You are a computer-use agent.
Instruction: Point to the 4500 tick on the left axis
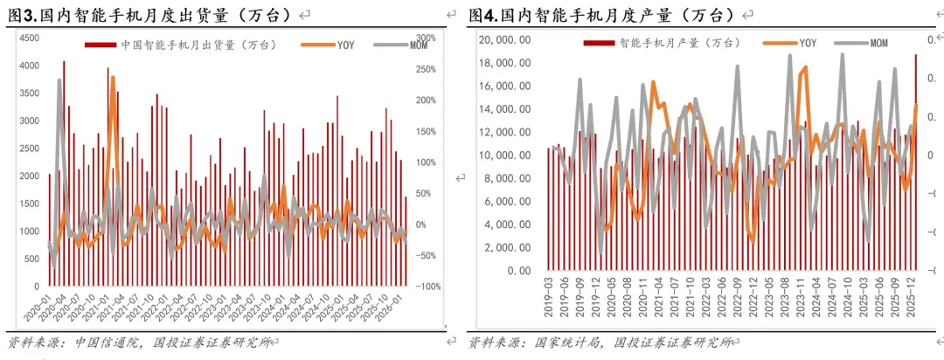point(28,38)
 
